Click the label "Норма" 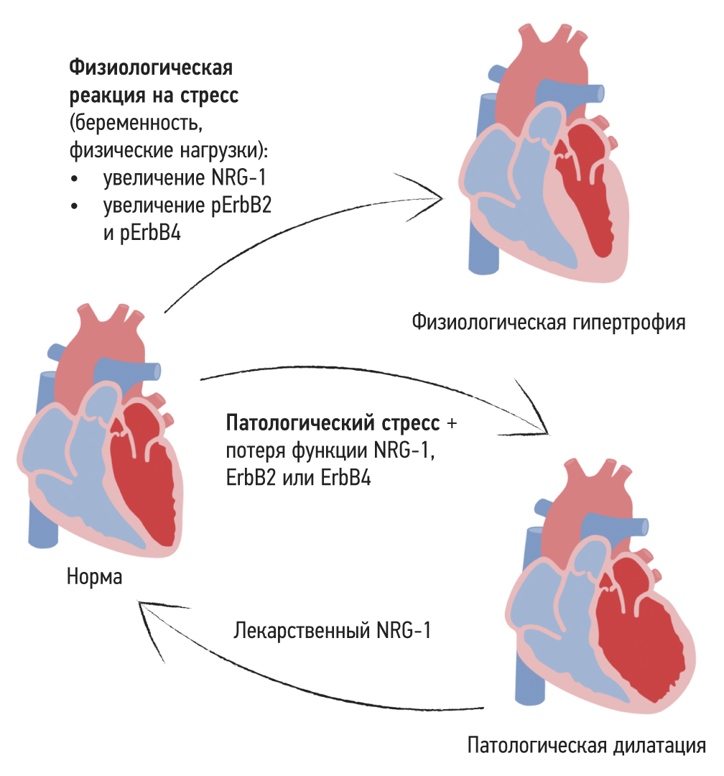(x=94, y=578)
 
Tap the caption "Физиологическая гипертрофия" (x=549, y=321)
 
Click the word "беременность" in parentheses (x=134, y=122)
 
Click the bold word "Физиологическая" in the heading (x=151, y=68)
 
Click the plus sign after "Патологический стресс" (x=451, y=423)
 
